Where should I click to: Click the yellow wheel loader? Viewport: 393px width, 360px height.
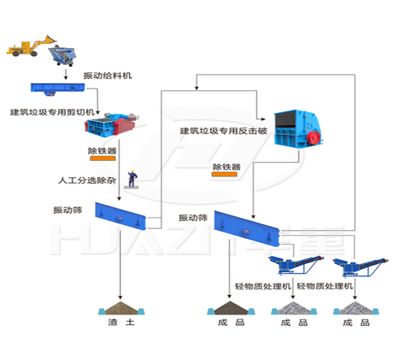tap(31, 46)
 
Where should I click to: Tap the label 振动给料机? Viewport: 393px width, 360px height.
tap(107, 76)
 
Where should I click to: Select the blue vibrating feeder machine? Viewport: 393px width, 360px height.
tap(58, 89)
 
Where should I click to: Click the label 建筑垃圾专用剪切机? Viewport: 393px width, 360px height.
tap(53, 112)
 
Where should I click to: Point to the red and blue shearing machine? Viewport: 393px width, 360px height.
tap(111, 124)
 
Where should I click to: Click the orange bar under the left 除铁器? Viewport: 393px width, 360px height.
tap(103, 158)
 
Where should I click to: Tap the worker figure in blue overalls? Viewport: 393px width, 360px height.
tap(132, 179)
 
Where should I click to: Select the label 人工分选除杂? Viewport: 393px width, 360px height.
tap(87, 180)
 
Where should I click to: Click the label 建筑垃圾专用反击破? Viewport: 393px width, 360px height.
tap(223, 131)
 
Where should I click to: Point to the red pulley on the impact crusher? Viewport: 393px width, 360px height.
tap(314, 137)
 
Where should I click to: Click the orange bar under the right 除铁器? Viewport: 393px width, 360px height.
tap(224, 174)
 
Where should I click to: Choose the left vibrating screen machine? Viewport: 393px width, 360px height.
tap(120, 216)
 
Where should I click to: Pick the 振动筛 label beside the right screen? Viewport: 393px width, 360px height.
tap(193, 218)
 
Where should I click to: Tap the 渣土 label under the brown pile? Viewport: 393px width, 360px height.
tap(121, 322)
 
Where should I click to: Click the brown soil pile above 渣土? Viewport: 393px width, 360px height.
tap(121, 308)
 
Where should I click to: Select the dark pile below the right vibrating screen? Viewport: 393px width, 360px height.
tap(231, 308)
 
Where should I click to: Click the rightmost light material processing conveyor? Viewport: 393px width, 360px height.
tap(361, 267)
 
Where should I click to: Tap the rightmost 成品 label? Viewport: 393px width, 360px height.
tap(356, 323)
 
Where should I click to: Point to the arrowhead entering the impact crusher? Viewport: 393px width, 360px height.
tap(262, 119)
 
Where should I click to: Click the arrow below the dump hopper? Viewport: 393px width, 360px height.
tap(66, 74)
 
